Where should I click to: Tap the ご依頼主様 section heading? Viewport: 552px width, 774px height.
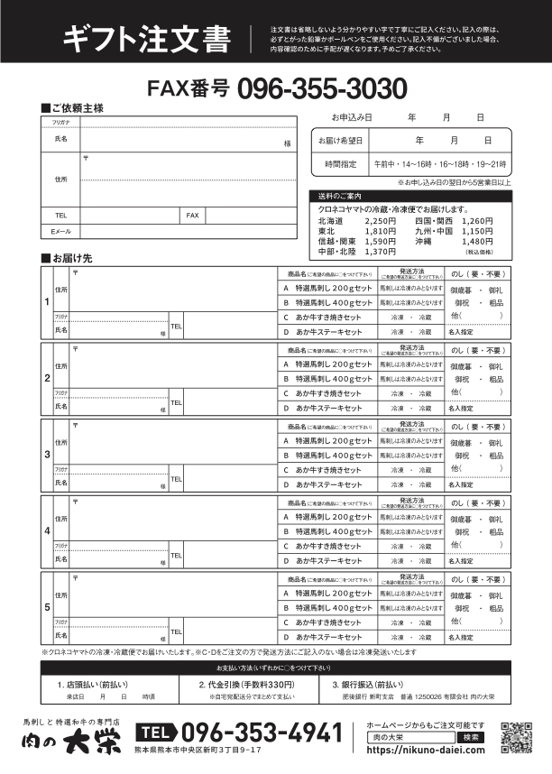point(73,108)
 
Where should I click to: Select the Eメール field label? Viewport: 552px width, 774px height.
point(60,232)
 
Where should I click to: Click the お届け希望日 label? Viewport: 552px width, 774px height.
point(339,141)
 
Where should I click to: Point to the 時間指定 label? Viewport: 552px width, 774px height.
point(339,164)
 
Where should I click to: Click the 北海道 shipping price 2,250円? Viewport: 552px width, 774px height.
point(380,220)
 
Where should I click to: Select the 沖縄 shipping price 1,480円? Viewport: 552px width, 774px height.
point(477,241)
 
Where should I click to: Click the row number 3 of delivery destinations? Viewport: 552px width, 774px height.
point(47,454)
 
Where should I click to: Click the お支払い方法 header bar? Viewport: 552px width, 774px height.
point(275,692)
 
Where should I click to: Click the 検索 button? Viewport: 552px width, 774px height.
point(472,737)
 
